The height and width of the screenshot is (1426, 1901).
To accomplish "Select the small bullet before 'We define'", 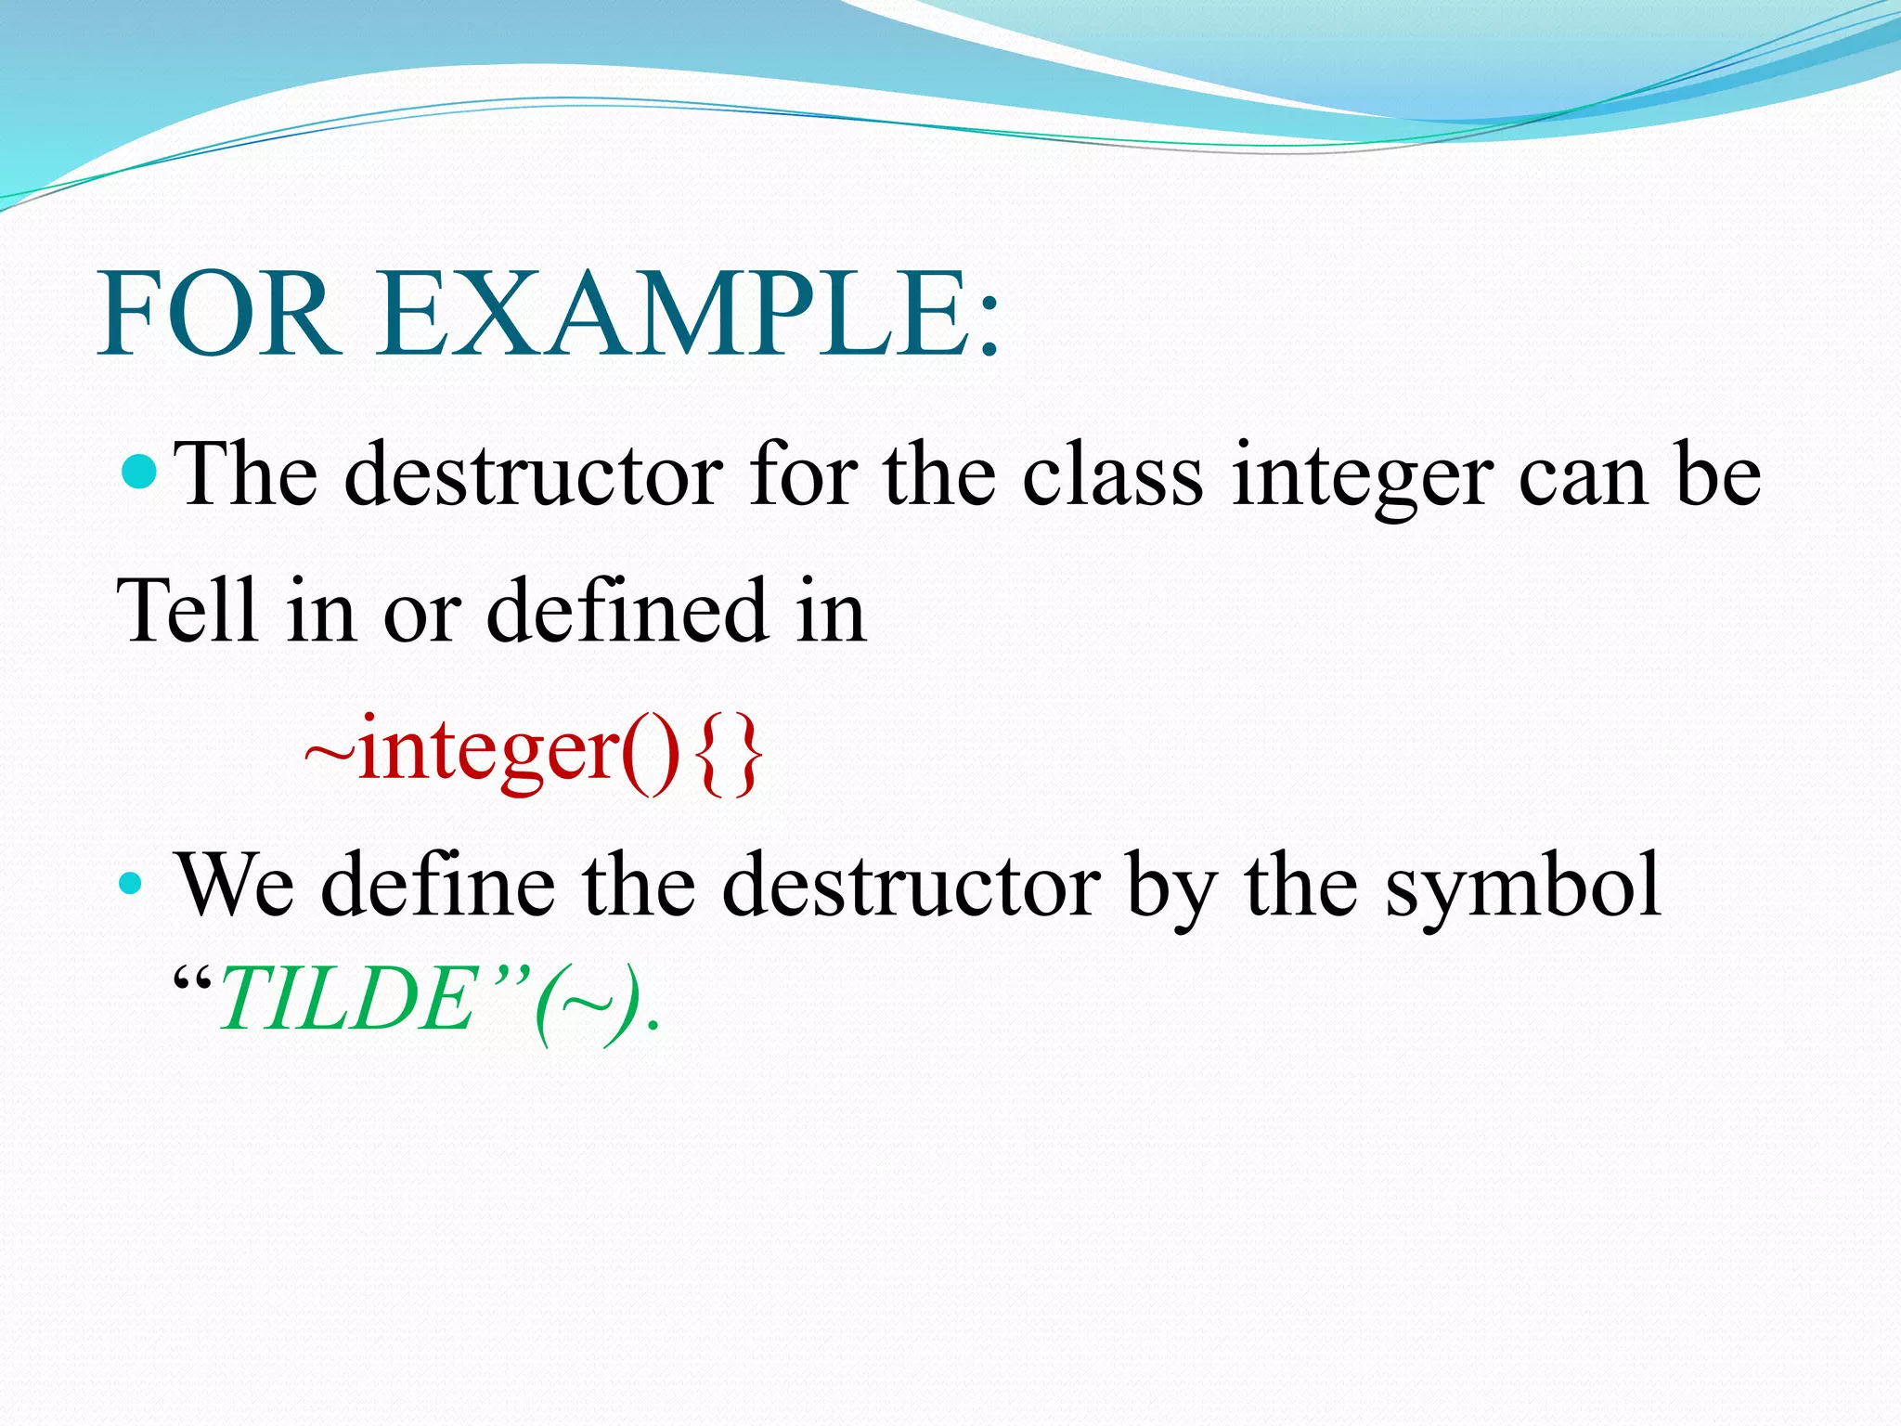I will point(131,883).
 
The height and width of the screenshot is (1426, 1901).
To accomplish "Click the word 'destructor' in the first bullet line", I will point(533,476).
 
